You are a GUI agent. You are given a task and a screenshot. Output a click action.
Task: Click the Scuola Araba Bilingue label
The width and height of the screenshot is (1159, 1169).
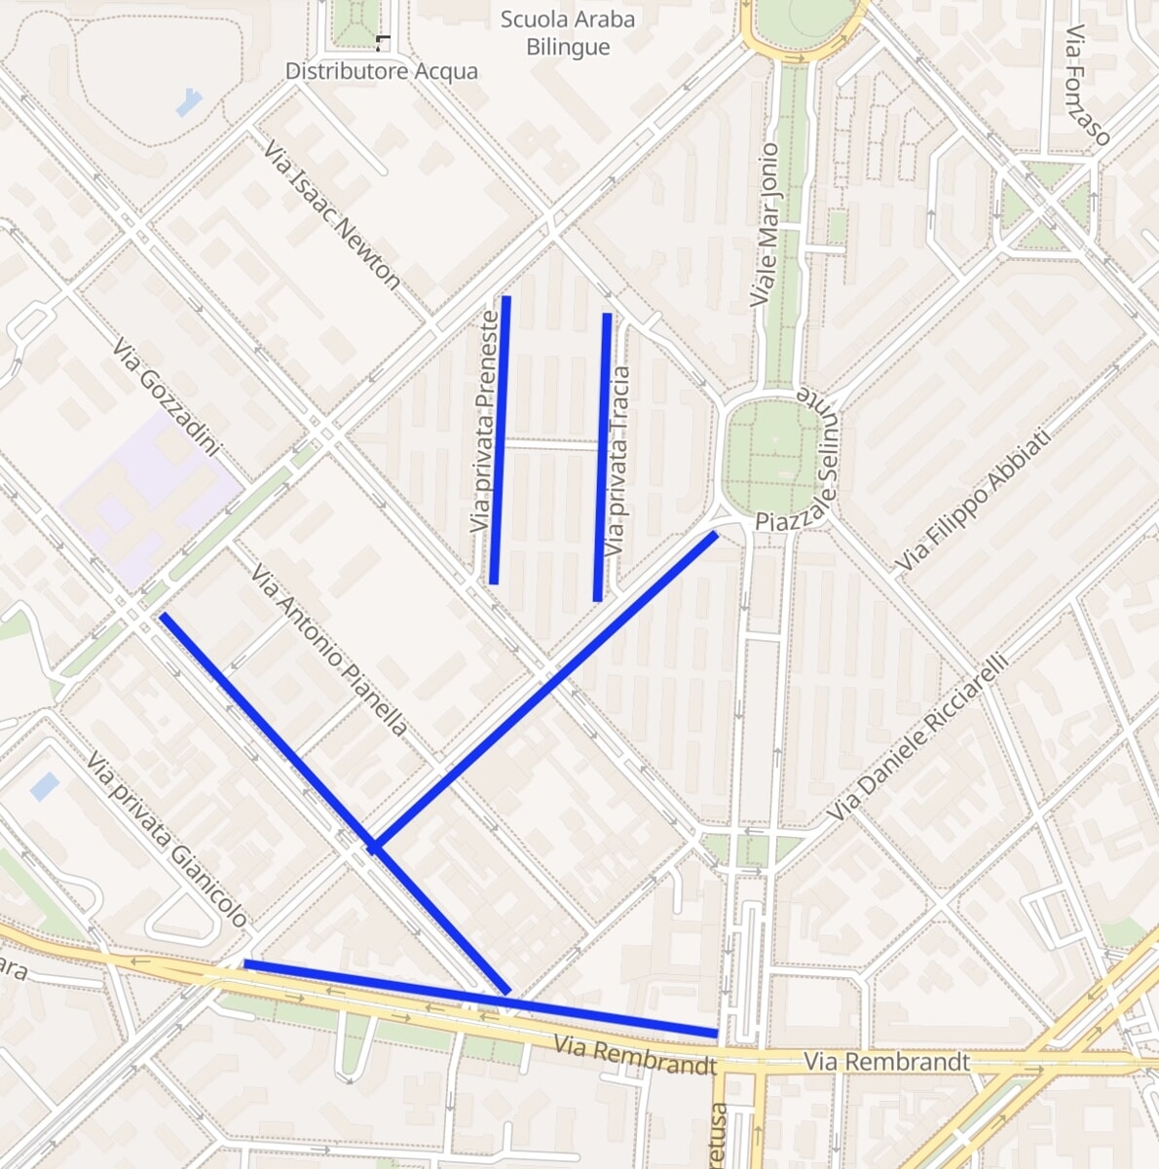point(567,33)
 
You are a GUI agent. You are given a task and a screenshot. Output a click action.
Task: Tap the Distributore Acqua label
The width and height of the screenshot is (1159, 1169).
point(381,71)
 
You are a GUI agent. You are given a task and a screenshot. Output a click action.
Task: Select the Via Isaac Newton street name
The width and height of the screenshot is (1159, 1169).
point(331,215)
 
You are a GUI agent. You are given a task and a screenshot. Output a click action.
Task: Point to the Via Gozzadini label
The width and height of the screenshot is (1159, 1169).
point(166,396)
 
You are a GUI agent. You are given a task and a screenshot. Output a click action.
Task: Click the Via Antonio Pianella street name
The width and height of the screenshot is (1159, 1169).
point(328,650)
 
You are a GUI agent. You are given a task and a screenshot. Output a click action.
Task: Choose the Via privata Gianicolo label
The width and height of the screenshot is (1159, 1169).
point(166,840)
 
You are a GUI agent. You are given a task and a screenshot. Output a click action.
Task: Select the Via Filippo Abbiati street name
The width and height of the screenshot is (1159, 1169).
point(973,501)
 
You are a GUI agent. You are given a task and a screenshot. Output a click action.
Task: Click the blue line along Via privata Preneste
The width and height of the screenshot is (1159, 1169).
point(501,438)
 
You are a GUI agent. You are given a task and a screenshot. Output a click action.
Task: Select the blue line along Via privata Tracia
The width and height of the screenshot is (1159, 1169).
point(602,458)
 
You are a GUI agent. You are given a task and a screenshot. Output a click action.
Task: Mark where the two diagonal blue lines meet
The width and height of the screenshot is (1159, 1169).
point(374,847)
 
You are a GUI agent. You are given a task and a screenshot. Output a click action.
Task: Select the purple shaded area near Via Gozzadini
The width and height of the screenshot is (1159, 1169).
point(146,497)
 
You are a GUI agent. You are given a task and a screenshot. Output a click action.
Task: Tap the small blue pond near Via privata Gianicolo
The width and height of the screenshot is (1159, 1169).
point(44,786)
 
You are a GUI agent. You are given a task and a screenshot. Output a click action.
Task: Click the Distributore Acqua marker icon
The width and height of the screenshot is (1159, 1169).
point(381,43)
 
